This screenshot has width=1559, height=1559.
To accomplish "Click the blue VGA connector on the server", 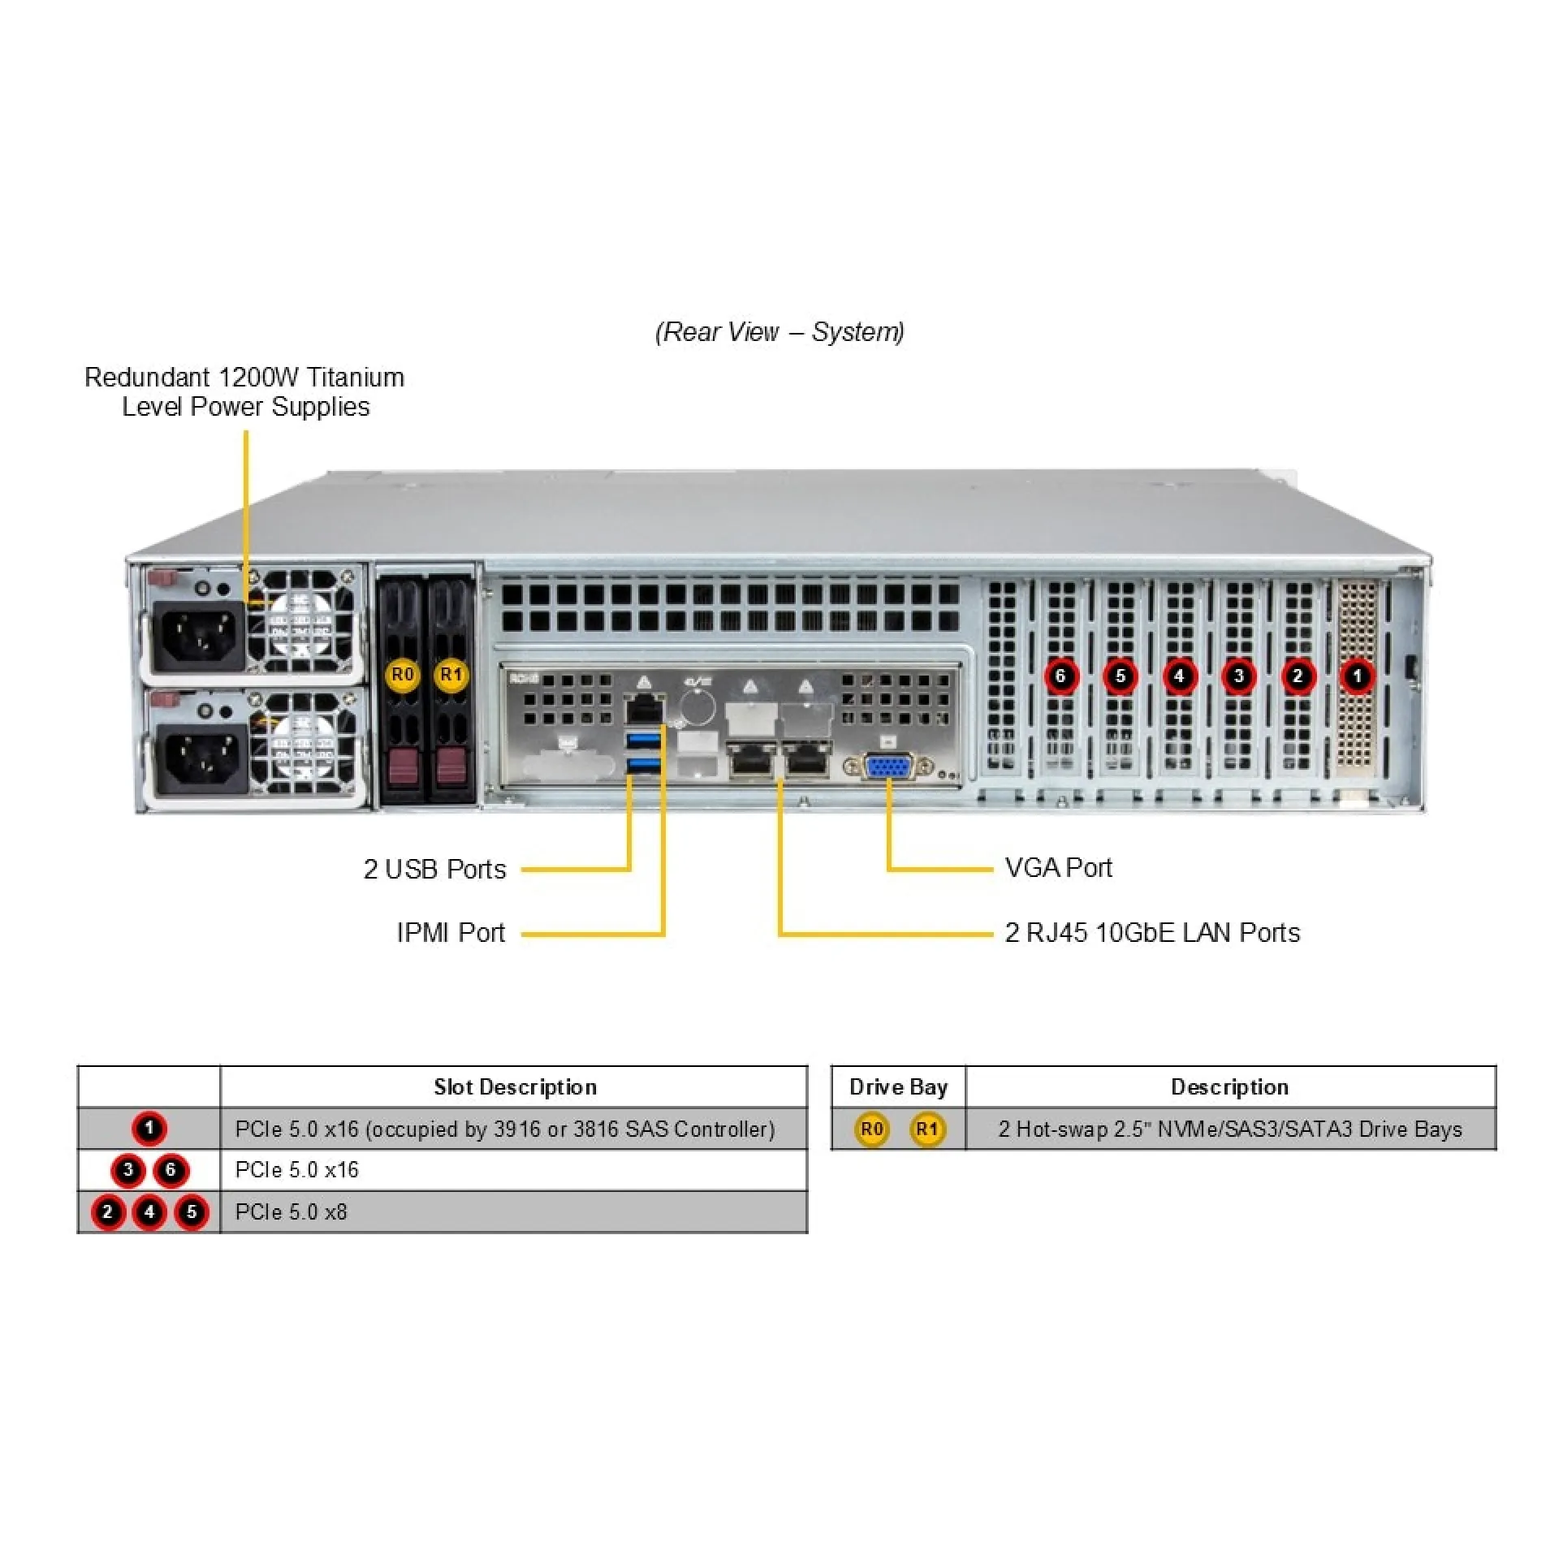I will (x=888, y=767).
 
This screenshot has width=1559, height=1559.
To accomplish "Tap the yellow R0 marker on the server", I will (x=402, y=675).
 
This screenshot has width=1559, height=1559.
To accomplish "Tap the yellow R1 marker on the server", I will (x=451, y=675).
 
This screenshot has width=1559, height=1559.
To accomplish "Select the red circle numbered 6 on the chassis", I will (x=1060, y=676).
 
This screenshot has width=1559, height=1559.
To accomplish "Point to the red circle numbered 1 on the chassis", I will (x=1357, y=676).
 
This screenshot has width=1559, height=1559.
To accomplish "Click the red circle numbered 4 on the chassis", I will (x=1179, y=676).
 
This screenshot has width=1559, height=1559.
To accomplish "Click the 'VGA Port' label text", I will (x=1058, y=868).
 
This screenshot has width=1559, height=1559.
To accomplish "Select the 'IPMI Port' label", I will (x=451, y=932).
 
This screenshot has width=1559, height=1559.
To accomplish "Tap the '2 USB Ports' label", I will (x=434, y=869).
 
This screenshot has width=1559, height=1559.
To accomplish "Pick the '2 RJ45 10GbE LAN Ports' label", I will (x=1152, y=932).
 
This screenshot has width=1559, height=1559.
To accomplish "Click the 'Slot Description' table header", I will (x=515, y=1086).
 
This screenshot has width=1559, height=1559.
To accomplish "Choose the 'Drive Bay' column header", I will (x=898, y=1086).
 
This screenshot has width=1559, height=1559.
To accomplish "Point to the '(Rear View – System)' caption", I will (x=779, y=331).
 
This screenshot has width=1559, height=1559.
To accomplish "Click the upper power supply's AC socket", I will (x=199, y=635).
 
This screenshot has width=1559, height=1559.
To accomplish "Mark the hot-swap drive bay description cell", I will (x=1229, y=1129).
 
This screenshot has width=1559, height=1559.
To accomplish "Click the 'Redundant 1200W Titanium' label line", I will (x=244, y=378).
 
